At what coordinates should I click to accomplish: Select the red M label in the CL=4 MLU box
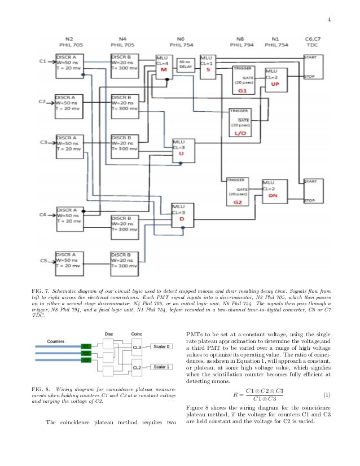[164, 70]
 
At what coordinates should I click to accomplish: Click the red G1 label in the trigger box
[243, 90]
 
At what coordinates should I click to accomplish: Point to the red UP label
[275, 83]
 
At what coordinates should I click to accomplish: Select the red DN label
[273, 195]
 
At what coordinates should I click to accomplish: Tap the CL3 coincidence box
[137, 348]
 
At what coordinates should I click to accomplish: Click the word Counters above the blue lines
[55, 341]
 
